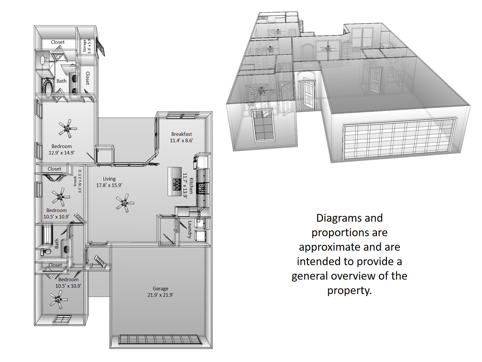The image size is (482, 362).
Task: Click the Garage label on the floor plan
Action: click(x=160, y=288)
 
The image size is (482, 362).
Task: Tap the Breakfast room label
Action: click(x=181, y=134)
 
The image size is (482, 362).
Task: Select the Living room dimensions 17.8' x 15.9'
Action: click(x=109, y=185)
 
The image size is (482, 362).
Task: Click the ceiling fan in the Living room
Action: click(x=125, y=203)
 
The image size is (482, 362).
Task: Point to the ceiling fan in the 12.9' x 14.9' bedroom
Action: click(x=68, y=129)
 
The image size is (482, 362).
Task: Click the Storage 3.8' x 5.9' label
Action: click(x=87, y=46)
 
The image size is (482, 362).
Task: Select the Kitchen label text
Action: click(x=191, y=186)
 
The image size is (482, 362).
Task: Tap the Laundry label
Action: click(x=190, y=229)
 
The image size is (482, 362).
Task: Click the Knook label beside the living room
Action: click(x=75, y=181)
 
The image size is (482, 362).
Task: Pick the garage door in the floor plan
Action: click(x=160, y=339)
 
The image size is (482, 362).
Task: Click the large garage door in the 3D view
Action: click(x=400, y=139)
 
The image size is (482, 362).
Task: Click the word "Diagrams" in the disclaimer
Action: click(x=349, y=218)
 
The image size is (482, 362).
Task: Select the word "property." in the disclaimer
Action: click(x=349, y=290)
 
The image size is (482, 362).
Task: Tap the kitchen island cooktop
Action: click(x=177, y=184)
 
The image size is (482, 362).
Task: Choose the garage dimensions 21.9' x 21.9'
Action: click(x=160, y=295)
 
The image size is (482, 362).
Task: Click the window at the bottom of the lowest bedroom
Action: click(x=63, y=319)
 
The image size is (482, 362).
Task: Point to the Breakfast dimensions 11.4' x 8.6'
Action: click(x=181, y=140)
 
